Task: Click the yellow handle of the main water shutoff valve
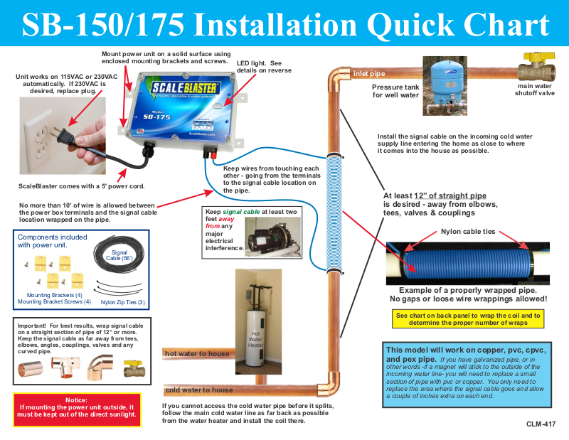(539, 57)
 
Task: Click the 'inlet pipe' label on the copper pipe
(369, 74)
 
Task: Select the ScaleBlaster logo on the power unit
(184, 87)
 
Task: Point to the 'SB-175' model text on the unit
(156, 117)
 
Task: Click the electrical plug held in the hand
(63, 135)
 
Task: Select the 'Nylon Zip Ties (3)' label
(122, 302)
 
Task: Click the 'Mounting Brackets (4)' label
(55, 295)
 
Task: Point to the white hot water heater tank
(256, 338)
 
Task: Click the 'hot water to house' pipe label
(197, 354)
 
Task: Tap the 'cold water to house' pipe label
(199, 390)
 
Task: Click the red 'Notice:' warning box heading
(76, 400)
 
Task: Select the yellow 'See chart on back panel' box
(468, 319)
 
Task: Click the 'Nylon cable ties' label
(468, 232)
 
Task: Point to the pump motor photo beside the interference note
(272, 237)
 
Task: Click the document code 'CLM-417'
(541, 424)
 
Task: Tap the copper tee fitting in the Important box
(65, 366)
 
